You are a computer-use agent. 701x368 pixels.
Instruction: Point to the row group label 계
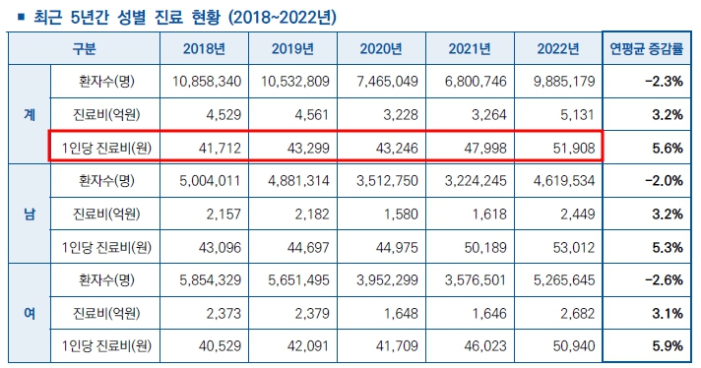(29, 114)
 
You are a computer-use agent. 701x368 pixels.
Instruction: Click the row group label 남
(29, 214)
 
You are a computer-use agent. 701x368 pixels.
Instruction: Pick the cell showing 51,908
(565, 148)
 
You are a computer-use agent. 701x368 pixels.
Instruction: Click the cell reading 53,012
(565, 247)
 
